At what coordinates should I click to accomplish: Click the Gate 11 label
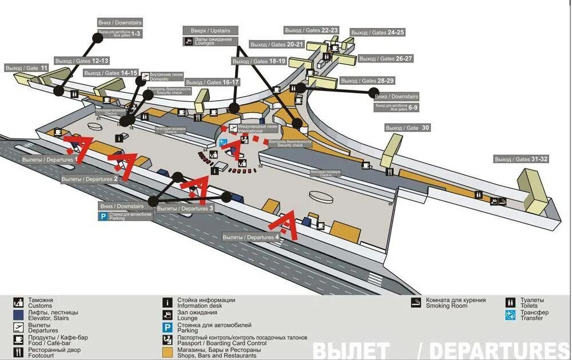(x=27, y=68)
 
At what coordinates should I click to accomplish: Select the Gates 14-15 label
(x=111, y=73)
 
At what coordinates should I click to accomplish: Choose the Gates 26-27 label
(x=386, y=58)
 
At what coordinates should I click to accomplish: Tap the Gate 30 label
(x=408, y=128)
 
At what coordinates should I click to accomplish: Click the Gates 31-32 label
(x=522, y=159)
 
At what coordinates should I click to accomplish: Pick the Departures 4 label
(x=251, y=237)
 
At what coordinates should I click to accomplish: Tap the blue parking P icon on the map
(x=103, y=216)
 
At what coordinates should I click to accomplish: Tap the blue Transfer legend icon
(x=510, y=315)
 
